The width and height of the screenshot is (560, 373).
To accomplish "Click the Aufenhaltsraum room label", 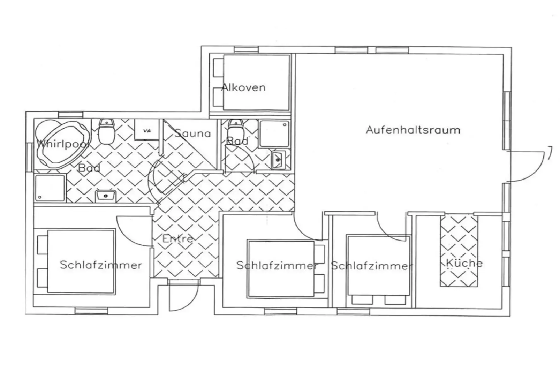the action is tap(413, 130).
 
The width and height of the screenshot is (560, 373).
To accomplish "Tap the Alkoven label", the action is tap(243, 87).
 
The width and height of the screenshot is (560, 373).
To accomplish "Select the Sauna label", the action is tap(193, 133).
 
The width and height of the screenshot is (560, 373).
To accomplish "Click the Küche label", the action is tap(464, 263).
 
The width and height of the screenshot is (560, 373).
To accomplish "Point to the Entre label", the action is tap(178, 239).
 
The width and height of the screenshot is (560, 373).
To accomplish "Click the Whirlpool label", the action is tap(63, 144).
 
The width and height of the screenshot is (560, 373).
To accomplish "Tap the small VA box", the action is tap(147, 129).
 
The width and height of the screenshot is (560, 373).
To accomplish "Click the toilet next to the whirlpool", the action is tap(107, 131).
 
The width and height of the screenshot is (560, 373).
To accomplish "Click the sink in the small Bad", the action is tap(279, 160).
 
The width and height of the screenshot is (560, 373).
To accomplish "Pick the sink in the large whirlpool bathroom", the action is tap(106, 196).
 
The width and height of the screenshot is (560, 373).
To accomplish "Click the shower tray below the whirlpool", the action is tap(50, 188).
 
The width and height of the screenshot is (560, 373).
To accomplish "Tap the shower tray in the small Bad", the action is tap(274, 134).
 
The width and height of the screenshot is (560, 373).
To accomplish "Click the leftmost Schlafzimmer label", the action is tap(101, 265).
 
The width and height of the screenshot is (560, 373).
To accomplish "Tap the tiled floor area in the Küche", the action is tap(459, 250).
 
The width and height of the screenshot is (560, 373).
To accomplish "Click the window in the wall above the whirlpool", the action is tap(71, 115).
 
